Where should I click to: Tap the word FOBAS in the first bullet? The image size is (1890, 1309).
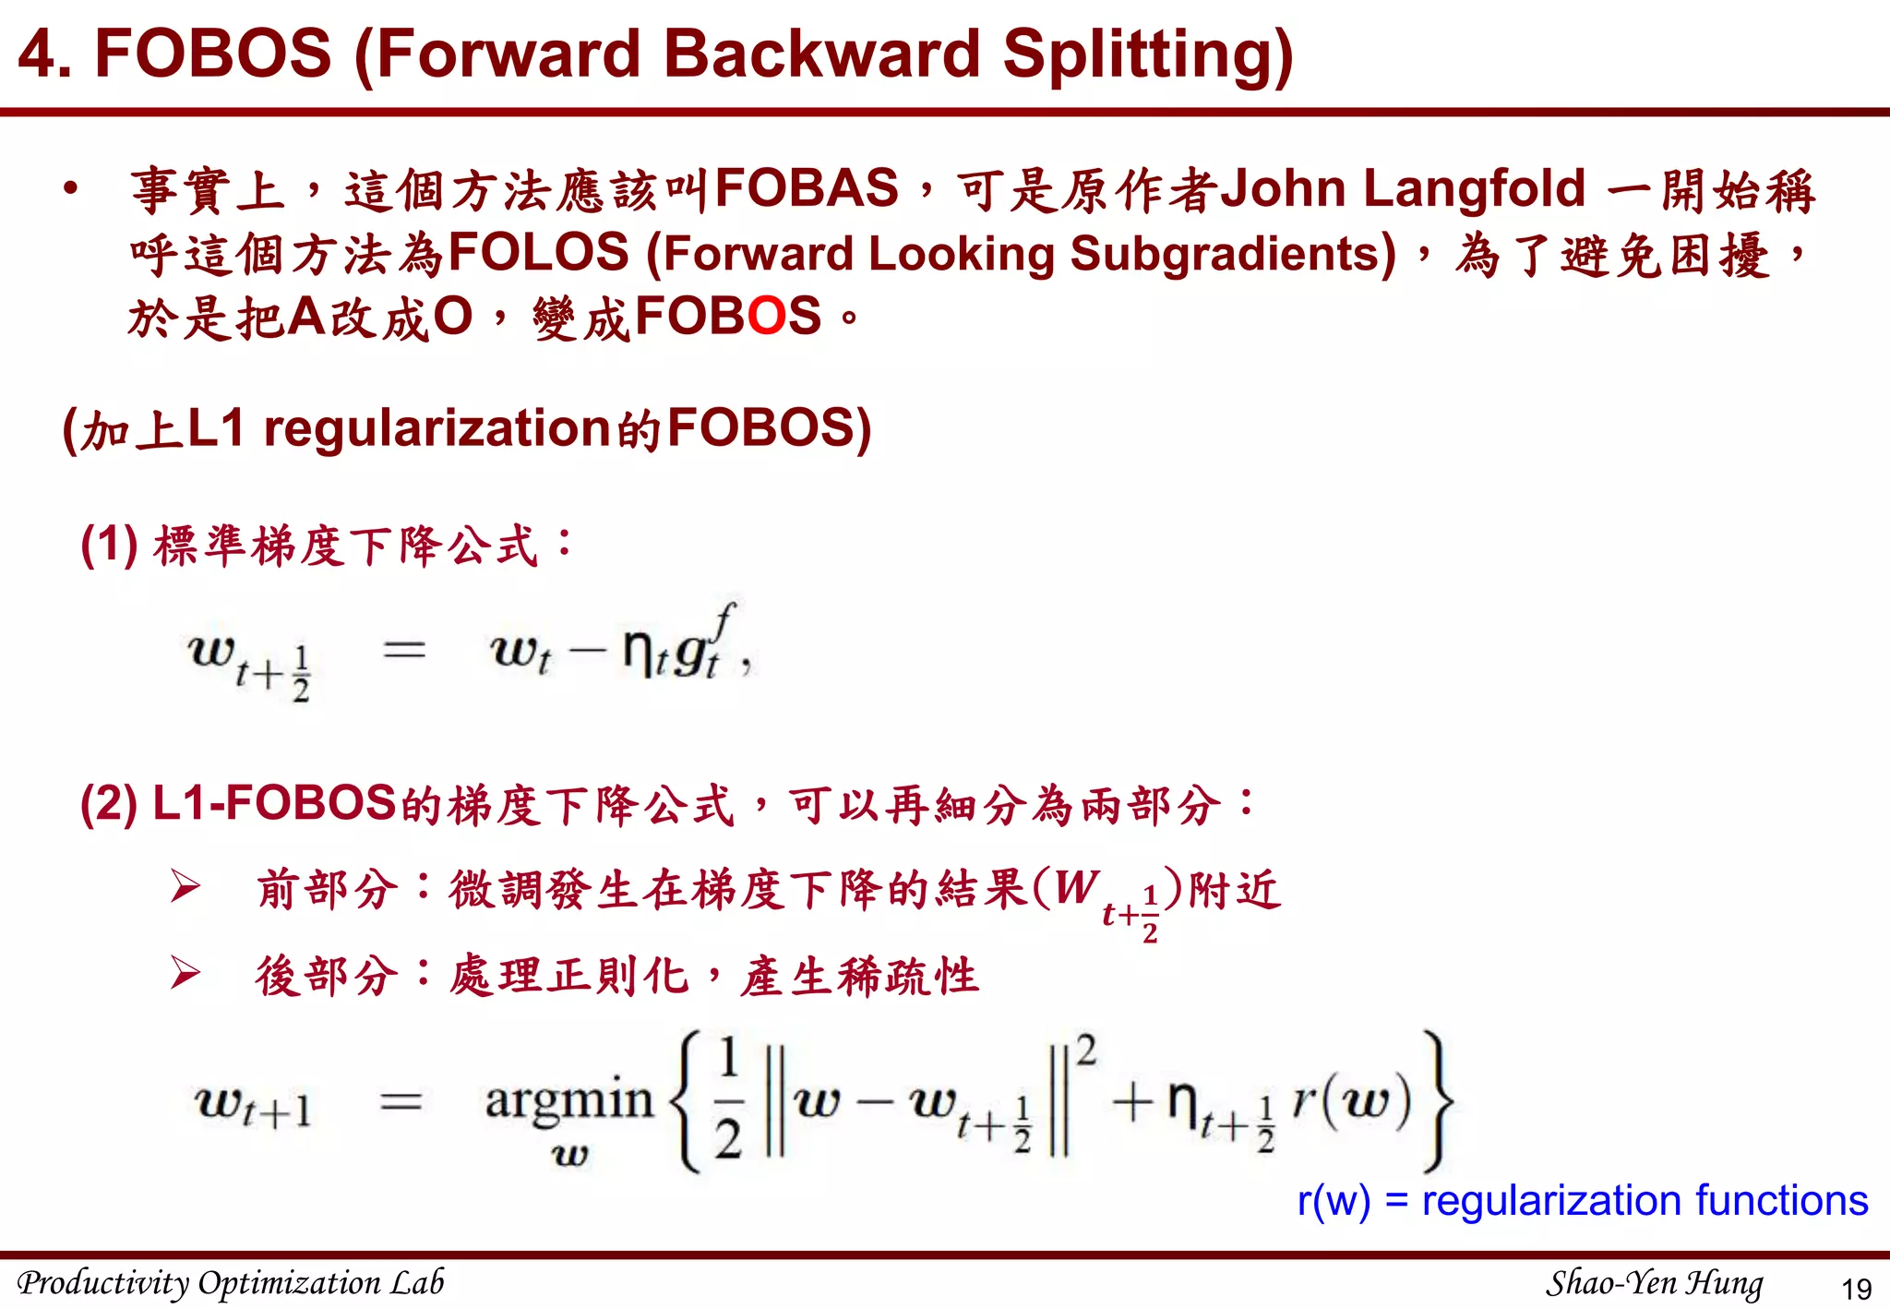tap(807, 188)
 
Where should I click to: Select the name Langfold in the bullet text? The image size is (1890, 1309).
tap(1474, 188)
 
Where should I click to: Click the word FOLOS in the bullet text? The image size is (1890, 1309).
tap(538, 253)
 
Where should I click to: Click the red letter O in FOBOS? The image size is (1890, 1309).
tap(766, 316)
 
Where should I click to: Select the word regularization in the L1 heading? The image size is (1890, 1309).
tap(437, 428)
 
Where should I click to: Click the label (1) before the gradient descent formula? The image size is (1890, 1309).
tap(109, 544)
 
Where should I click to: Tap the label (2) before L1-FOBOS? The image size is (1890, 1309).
tap(109, 803)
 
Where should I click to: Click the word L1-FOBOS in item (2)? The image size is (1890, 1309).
tap(274, 803)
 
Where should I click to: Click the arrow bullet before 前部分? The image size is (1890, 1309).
tap(185, 888)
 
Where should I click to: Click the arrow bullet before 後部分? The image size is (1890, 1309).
tap(185, 974)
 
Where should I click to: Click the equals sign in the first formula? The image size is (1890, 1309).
tap(404, 650)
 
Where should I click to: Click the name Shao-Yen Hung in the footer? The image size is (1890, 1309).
tap(1654, 1283)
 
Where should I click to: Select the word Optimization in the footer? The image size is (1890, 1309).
tap(289, 1283)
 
